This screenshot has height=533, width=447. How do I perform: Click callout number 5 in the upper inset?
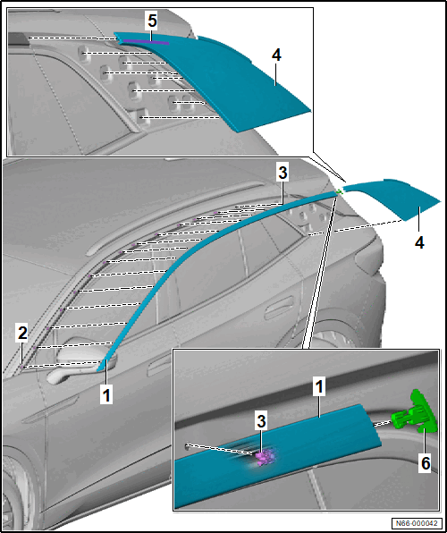pyautogui.click(x=152, y=21)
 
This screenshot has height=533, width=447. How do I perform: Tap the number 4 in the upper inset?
pyautogui.click(x=276, y=55)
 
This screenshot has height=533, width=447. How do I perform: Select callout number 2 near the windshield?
pyautogui.click(x=22, y=334)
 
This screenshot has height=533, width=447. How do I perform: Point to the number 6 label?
pyautogui.click(x=426, y=463)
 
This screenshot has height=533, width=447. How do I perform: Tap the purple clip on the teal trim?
pyautogui.click(x=266, y=457)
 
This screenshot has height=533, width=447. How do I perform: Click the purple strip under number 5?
pyautogui.click(x=146, y=42)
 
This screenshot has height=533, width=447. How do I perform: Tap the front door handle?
pyautogui.click(x=161, y=367)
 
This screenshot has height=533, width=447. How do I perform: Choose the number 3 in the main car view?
pyautogui.click(x=283, y=173)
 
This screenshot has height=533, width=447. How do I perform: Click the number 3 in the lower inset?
pyautogui.click(x=261, y=422)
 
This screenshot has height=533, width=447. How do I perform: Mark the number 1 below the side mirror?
pyautogui.click(x=106, y=396)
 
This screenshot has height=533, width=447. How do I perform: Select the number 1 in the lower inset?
pyautogui.click(x=318, y=388)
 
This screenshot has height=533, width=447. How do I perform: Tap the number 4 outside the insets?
pyautogui.click(x=419, y=242)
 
